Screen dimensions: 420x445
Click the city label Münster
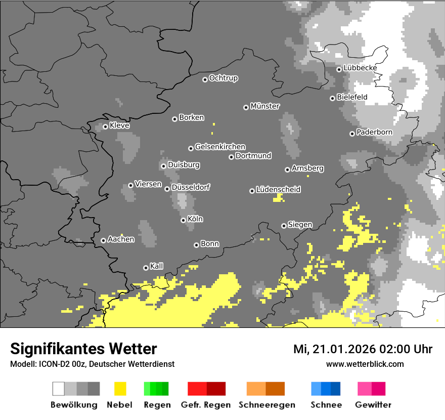click(x=265, y=106)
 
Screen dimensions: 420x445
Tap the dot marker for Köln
click(x=183, y=220)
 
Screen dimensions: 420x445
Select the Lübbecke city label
click(x=360, y=68)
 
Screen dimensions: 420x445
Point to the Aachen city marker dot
click(x=103, y=240)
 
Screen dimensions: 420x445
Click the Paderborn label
click(x=374, y=132)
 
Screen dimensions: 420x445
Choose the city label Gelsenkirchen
click(x=220, y=147)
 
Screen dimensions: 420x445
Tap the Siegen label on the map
click(x=300, y=225)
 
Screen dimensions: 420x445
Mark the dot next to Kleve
click(x=105, y=127)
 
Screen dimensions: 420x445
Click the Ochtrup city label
click(x=224, y=78)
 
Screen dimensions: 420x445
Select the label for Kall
click(x=157, y=266)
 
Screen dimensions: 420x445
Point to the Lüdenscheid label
click(x=278, y=190)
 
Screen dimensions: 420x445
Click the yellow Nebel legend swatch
click(x=120, y=389)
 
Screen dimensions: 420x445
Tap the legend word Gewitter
click(x=373, y=405)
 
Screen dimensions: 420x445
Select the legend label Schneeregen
click(x=267, y=405)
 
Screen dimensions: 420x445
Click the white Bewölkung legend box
click(x=59, y=389)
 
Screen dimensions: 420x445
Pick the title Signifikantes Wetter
click(x=83, y=349)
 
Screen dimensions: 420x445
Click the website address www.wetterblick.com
click(x=365, y=364)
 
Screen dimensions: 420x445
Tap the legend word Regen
click(x=156, y=405)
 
